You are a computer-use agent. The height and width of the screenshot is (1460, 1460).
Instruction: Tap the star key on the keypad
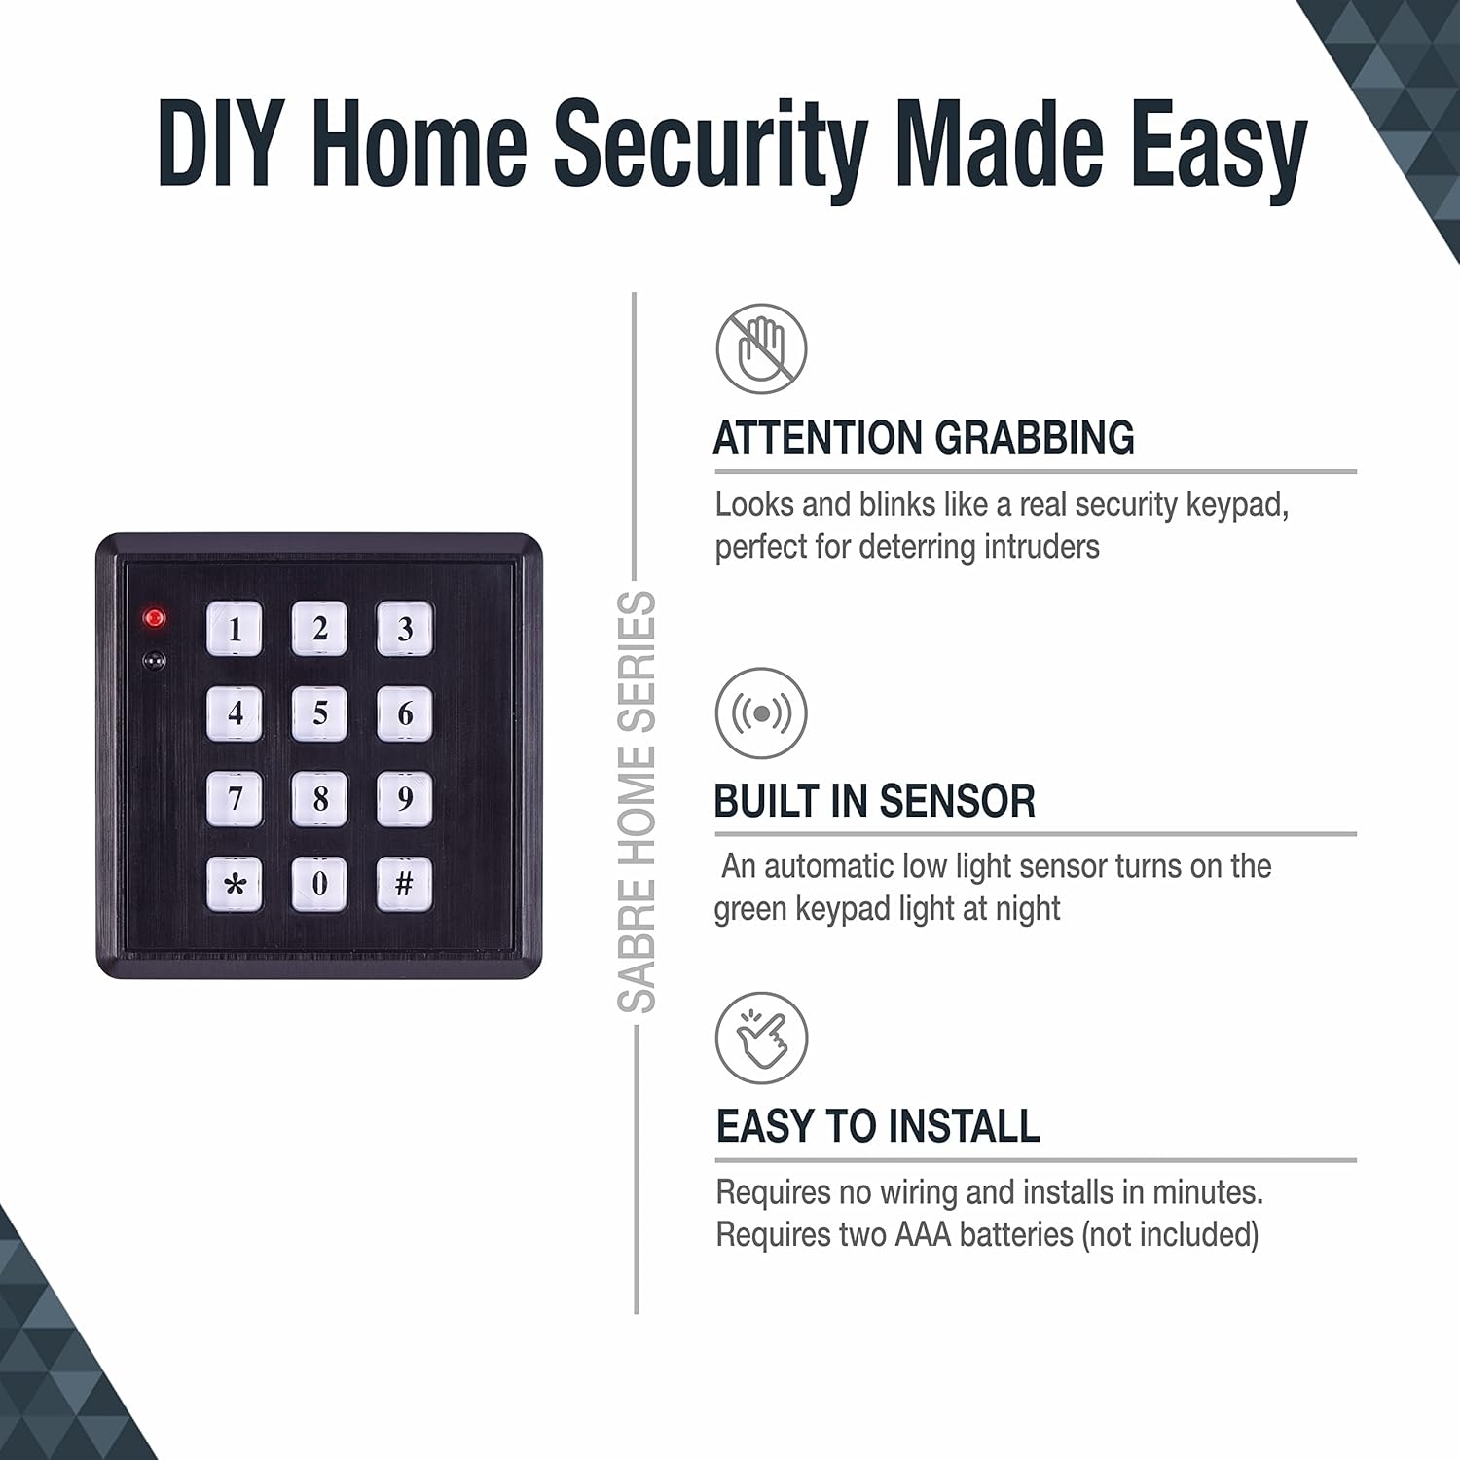pyautogui.click(x=235, y=884)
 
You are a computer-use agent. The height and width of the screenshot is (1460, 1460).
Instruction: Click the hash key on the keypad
pyautogui.click(x=405, y=884)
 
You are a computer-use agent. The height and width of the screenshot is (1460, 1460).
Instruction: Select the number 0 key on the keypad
pyautogui.click(x=319, y=884)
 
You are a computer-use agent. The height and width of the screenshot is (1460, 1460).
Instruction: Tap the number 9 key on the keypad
pyautogui.click(x=405, y=799)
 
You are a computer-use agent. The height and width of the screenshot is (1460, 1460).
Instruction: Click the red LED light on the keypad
pyautogui.click(x=154, y=617)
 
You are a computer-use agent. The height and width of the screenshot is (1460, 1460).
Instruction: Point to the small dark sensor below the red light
pyautogui.click(x=154, y=661)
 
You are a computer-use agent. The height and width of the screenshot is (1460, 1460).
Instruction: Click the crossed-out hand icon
pyautogui.click(x=761, y=348)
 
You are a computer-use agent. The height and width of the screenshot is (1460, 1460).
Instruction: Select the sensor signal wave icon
pyautogui.click(x=761, y=713)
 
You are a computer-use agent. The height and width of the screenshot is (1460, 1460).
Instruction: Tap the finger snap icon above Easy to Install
pyautogui.click(x=761, y=1038)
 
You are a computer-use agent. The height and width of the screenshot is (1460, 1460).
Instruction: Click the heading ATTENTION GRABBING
pyautogui.click(x=924, y=438)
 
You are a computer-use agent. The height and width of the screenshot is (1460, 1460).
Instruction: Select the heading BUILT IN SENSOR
pyautogui.click(x=874, y=801)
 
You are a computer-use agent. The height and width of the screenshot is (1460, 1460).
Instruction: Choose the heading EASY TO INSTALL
pyautogui.click(x=878, y=1126)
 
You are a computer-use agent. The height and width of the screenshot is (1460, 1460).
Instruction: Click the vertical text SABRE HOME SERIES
pyautogui.click(x=638, y=802)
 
